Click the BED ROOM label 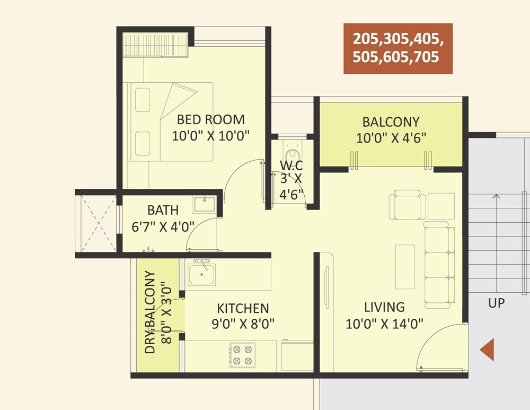(x=210, y=119)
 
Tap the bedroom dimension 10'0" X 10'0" (x=210, y=136)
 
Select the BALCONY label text (x=391, y=121)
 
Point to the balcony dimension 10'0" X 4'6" (x=391, y=138)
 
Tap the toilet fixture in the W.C (x=291, y=146)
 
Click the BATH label (x=163, y=210)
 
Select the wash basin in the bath (x=204, y=204)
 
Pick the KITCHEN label (x=243, y=308)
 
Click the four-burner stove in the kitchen (x=242, y=355)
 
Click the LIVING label (x=384, y=307)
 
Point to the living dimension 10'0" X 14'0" (x=384, y=324)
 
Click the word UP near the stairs (x=497, y=303)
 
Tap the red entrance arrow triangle (x=487, y=350)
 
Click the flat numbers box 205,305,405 (x=397, y=48)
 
